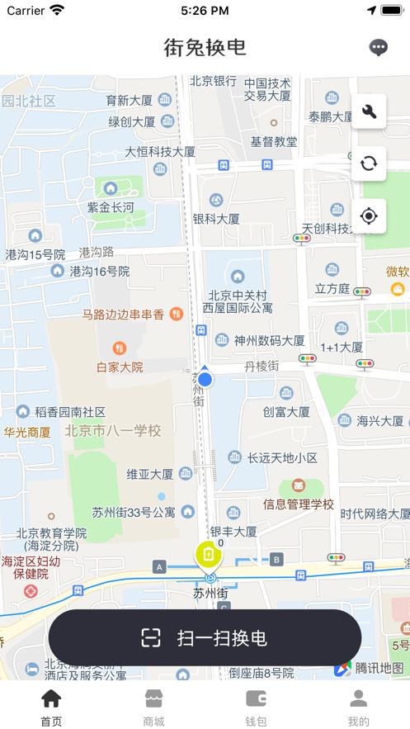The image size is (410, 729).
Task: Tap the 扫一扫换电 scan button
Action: coord(205,637)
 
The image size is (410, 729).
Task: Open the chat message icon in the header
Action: coord(378,47)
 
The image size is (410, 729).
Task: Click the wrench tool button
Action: coord(369,111)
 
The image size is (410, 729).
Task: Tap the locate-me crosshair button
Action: coord(369,216)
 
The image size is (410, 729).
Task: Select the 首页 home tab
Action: coord(51,706)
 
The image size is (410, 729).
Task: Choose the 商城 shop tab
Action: coord(153,706)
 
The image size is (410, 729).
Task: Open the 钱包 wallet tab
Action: coord(256,706)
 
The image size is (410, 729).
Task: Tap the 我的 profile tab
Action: coord(358,706)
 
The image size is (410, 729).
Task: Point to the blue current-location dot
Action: coord(205,379)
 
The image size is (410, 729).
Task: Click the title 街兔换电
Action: coord(205,47)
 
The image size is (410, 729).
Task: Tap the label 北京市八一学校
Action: coord(113,430)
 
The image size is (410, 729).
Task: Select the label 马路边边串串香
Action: coord(124,315)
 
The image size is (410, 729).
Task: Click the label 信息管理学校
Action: coord(299,504)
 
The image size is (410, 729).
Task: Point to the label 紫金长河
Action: coord(111,207)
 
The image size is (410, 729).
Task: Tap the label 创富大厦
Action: coord(286,411)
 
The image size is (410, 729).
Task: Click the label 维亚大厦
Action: coord(149,474)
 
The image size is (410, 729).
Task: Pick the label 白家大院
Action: coord(120,367)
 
